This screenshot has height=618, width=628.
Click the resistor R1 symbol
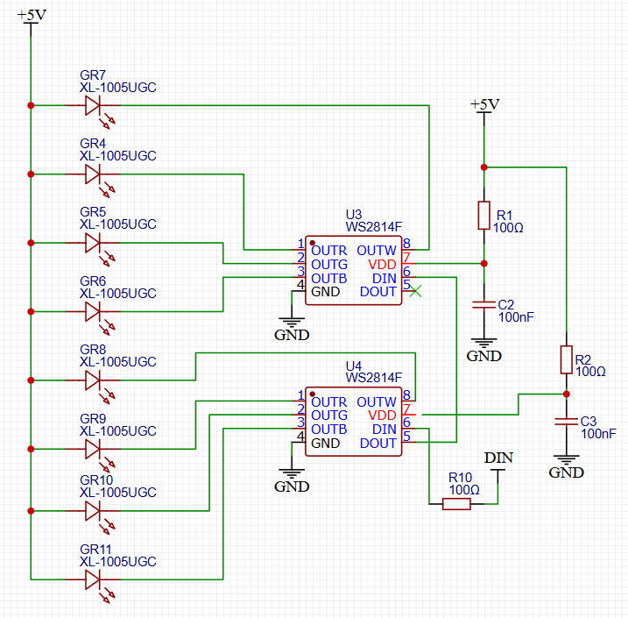click(483, 215)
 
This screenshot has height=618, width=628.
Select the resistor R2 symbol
click(566, 359)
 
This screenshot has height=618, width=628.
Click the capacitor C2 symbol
click(483, 304)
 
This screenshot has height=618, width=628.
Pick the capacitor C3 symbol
click(566, 423)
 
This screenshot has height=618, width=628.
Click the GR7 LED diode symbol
click(95, 106)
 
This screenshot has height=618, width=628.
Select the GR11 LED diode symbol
click(95, 579)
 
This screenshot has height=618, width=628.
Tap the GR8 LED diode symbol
click(95, 380)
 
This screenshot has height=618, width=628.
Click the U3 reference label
click(354, 214)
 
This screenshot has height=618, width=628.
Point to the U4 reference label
click(354, 365)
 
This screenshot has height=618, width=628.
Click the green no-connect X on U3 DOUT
click(416, 291)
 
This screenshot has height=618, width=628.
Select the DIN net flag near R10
click(498, 458)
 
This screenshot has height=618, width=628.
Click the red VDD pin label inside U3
click(382, 264)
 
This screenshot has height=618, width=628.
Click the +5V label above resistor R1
click(484, 104)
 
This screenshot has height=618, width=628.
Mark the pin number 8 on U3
click(407, 243)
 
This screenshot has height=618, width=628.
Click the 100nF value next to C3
click(600, 434)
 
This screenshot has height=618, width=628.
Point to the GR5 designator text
click(93, 212)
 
